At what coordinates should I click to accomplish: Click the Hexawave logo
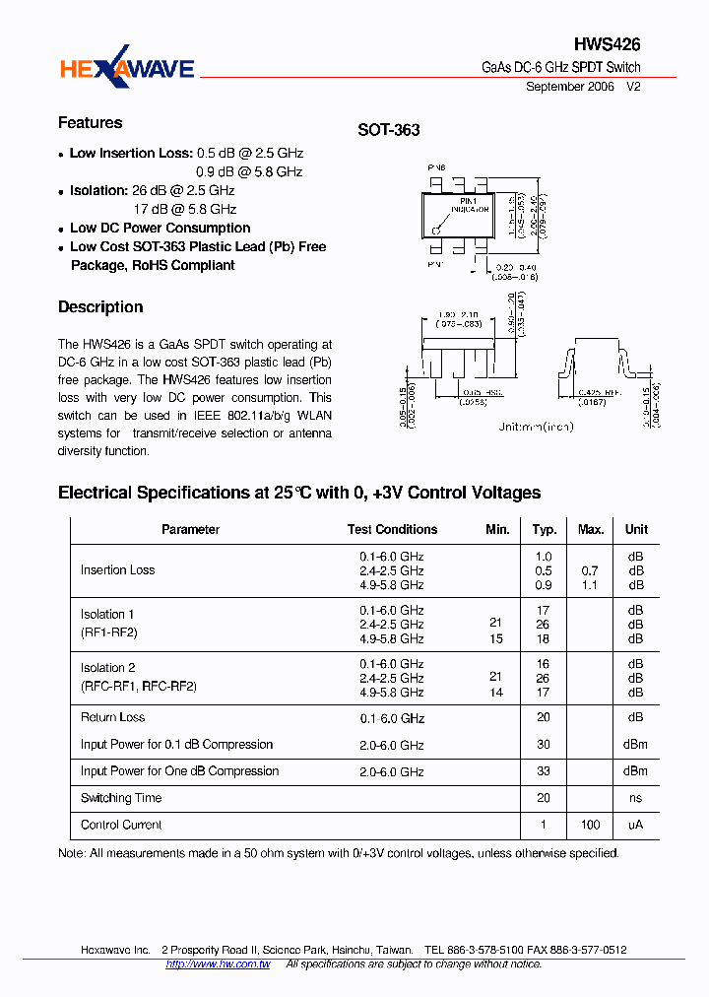tap(127, 68)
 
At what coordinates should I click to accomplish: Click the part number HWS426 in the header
tap(607, 44)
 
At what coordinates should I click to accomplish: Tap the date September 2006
tap(569, 87)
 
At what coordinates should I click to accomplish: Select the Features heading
tap(91, 123)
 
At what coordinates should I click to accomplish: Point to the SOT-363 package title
tap(388, 130)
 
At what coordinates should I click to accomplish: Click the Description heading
tap(100, 307)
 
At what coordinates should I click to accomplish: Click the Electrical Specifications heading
tap(299, 493)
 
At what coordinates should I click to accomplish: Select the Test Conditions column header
tap(392, 530)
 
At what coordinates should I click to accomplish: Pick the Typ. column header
tap(545, 530)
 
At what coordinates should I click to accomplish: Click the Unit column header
tap(636, 530)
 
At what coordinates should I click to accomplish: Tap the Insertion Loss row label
tap(117, 570)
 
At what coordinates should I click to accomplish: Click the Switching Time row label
tap(121, 798)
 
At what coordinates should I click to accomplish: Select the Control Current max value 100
tap(591, 825)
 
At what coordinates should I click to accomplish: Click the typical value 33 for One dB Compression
tap(544, 771)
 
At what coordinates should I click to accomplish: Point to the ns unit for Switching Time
tap(635, 798)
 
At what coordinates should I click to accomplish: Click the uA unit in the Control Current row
tap(635, 825)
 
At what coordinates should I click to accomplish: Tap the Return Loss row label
tap(112, 718)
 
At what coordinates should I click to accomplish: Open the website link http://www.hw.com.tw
tap(218, 964)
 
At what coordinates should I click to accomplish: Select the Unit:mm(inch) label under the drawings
tap(536, 427)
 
